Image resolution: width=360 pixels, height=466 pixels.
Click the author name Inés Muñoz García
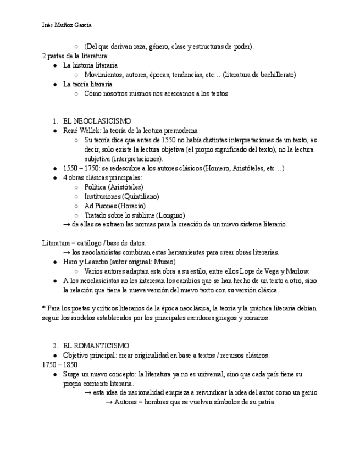pyautogui.click(x=67, y=25)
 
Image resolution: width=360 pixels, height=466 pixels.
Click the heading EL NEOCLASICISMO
pyautogui.click(x=97, y=121)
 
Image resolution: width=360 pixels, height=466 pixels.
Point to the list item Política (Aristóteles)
pyautogui.click(x=114, y=187)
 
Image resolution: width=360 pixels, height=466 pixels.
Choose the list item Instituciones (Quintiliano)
pyautogui.click(x=121, y=196)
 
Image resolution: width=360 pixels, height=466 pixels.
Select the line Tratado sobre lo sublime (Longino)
pyautogui.click(x=135, y=215)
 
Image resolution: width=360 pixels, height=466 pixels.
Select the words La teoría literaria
pyautogui.click(x=88, y=84)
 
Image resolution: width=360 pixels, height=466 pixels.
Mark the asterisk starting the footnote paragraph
pyautogui.click(x=43, y=309)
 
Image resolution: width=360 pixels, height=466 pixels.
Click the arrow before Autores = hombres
pyautogui.click(x=108, y=402)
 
